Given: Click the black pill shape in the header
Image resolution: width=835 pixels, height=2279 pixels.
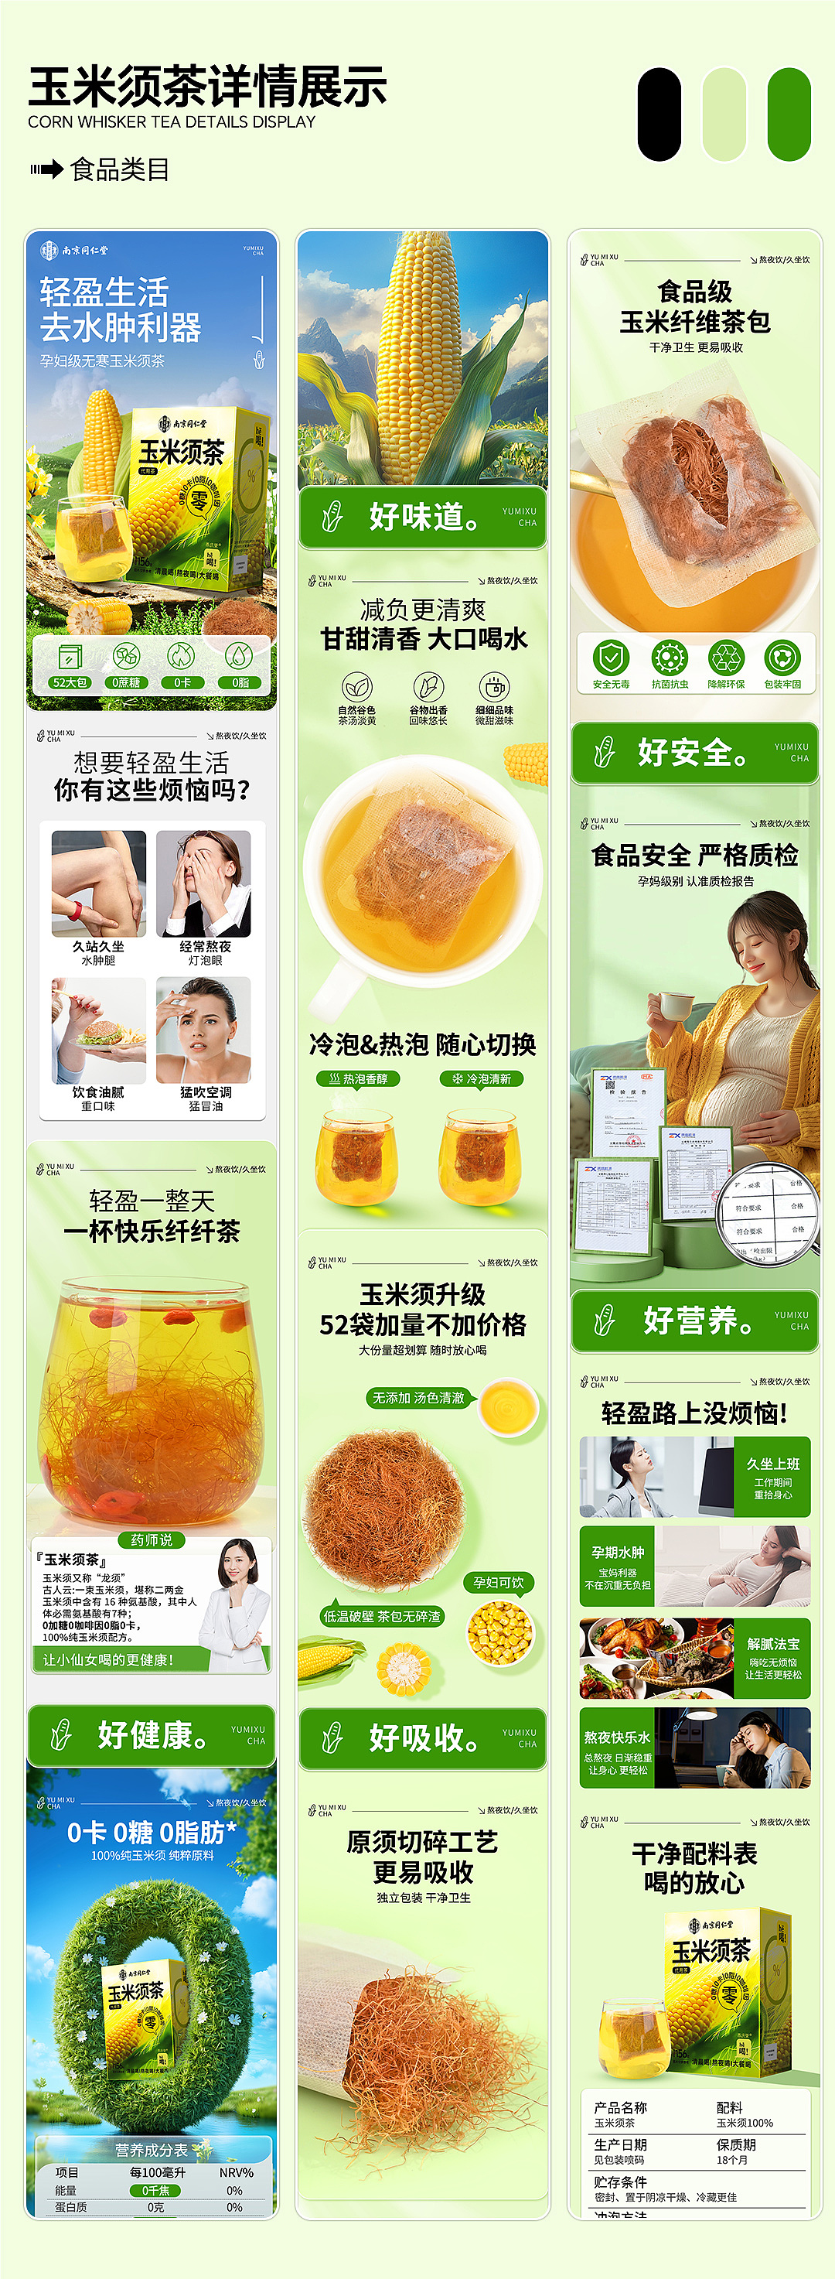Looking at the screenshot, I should (x=659, y=115).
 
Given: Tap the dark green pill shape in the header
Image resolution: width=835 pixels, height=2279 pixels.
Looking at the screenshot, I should (x=789, y=115).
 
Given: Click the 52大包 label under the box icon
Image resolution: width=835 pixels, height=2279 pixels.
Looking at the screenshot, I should (x=69, y=682).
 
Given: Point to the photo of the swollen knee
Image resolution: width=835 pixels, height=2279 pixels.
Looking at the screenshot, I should (x=98, y=883).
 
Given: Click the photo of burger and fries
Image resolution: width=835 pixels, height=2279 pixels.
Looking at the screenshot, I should (x=98, y=1030).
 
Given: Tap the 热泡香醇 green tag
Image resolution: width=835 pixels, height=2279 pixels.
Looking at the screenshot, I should (x=358, y=1078).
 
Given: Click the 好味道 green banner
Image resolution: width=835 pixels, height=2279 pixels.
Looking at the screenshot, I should (x=422, y=517).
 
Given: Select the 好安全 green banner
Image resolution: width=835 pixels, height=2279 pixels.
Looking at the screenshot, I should (x=694, y=753).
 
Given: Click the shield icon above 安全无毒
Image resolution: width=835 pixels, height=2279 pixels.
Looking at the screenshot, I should (x=610, y=658).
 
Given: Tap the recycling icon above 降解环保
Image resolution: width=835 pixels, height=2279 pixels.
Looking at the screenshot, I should (x=725, y=658).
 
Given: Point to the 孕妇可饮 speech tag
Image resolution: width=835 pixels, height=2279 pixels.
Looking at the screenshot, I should (x=499, y=1583).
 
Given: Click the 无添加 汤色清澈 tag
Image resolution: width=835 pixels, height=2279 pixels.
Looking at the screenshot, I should (x=418, y=1398).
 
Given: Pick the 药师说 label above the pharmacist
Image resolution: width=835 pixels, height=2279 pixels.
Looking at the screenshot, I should (x=152, y=1540).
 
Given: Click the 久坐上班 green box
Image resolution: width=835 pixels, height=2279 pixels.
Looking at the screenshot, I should (x=772, y=1477).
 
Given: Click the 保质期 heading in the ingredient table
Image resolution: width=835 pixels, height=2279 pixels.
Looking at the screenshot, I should (x=736, y=2144).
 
